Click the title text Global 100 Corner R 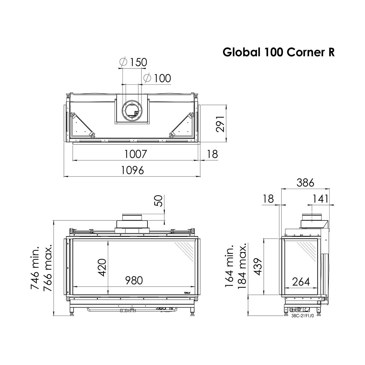(279, 52)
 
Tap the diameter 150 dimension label (133, 62)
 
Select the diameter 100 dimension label (157, 78)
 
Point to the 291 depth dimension (220, 124)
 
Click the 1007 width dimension (136, 154)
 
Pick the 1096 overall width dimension (132, 170)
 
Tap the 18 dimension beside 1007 (212, 154)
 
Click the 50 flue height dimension (159, 201)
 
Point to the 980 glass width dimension (134, 281)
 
